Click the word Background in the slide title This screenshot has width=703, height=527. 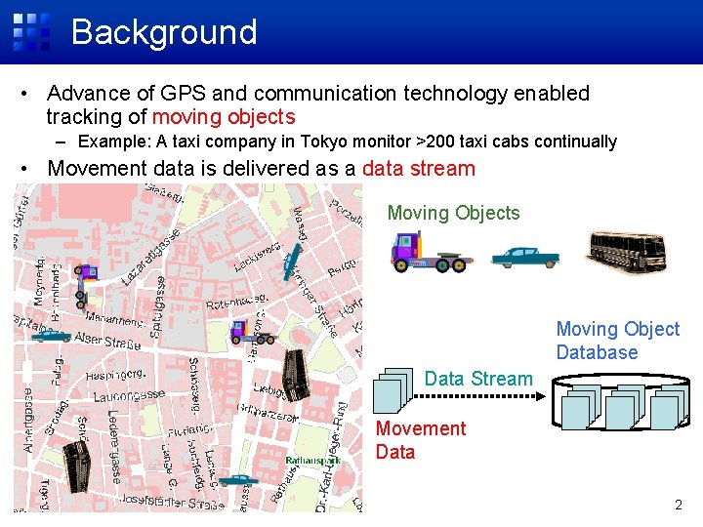(164, 32)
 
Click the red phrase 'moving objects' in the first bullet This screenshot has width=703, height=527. (224, 117)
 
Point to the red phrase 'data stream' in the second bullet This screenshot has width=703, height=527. (418, 168)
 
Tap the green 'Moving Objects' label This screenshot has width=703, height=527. (453, 213)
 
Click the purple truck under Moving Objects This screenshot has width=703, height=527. (430, 252)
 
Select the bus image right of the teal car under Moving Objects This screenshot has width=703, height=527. (628, 251)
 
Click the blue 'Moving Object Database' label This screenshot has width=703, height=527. (617, 341)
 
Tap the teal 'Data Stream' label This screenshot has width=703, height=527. (478, 379)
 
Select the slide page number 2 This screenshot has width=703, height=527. (679, 505)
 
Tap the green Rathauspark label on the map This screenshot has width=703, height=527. (312, 461)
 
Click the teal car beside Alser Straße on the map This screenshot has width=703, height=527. (50, 335)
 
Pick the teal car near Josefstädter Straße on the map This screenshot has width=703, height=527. (237, 481)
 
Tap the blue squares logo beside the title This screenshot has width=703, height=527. (31, 32)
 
